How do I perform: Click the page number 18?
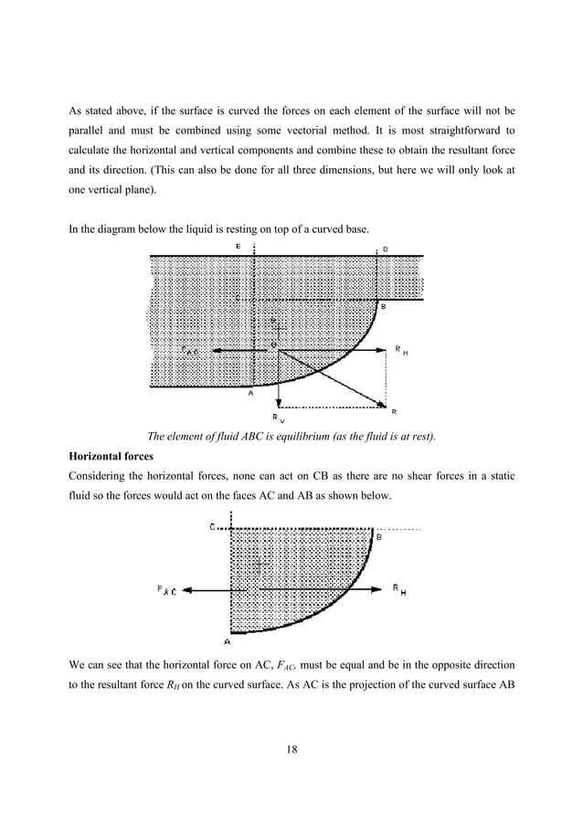[x=291, y=750]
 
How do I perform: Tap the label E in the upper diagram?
[x=238, y=248]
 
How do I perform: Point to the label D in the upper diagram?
[x=384, y=249]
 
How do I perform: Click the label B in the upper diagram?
[x=384, y=308]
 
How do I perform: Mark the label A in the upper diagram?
[x=251, y=394]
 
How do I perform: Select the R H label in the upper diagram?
[x=400, y=349]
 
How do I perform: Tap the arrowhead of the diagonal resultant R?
[x=380, y=405]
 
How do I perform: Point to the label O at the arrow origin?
[x=271, y=343]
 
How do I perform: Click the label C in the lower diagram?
[x=212, y=527]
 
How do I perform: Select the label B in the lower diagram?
[x=379, y=537]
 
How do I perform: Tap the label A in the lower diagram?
[x=227, y=641]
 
